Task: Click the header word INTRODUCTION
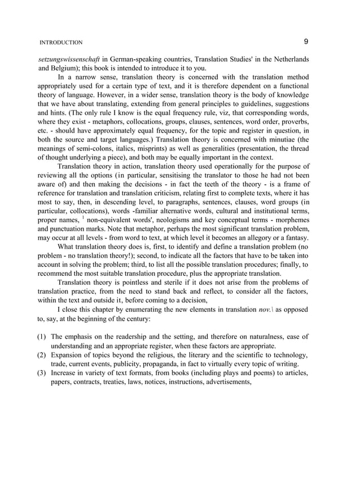coord(61,42)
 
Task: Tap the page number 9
coord(305,41)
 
